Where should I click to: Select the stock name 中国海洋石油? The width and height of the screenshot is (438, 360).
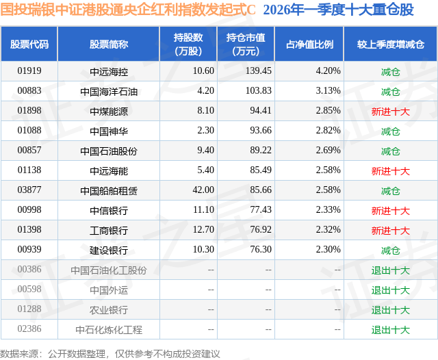point(108,91)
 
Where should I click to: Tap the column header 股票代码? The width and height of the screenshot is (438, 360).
point(29,44)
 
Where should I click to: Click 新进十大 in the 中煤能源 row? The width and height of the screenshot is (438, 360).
point(390,111)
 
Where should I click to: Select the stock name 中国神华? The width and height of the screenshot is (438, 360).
point(108,131)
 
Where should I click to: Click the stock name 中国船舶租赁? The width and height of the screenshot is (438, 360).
point(108,190)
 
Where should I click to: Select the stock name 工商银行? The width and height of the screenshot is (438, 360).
point(108,231)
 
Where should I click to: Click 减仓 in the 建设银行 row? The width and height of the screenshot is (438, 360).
point(390,250)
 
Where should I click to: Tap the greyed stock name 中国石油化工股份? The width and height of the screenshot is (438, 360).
point(108,270)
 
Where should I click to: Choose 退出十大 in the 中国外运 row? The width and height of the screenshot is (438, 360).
point(390,290)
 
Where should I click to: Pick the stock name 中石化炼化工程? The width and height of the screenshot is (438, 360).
point(108,330)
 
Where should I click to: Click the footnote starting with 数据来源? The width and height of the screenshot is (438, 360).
point(110,353)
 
